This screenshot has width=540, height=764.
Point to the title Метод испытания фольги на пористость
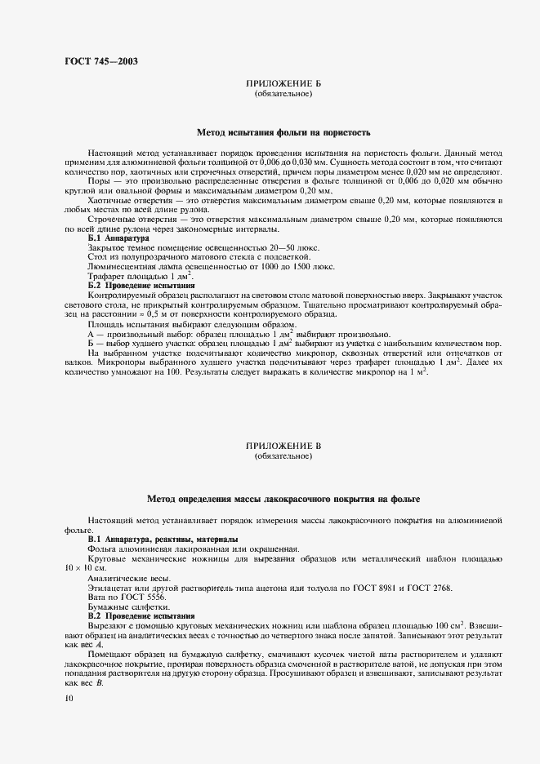pyautogui.click(x=283, y=131)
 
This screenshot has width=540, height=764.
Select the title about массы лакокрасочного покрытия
pyautogui.click(x=283, y=497)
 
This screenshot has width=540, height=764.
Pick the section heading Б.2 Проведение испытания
pyautogui.click(x=141, y=286)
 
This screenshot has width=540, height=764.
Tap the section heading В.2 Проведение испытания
pyautogui.click(x=141, y=615)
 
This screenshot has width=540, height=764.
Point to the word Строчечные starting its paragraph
pyautogui.click(x=114, y=219)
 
